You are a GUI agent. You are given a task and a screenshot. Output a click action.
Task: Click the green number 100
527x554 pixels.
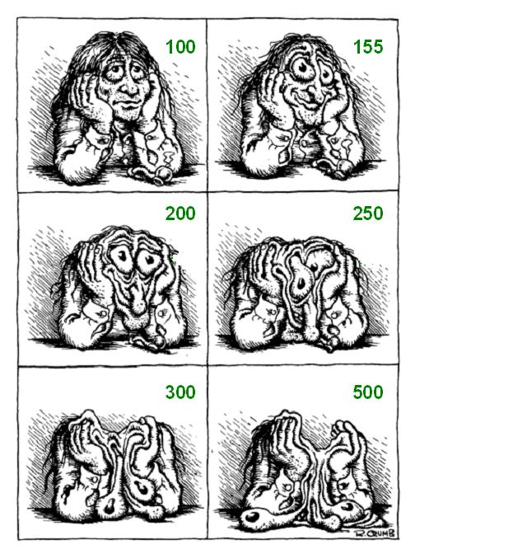[180, 47]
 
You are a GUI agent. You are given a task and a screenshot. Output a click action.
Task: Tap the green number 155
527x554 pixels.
[368, 47]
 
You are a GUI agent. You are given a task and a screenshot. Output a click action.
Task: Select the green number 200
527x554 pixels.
[180, 214]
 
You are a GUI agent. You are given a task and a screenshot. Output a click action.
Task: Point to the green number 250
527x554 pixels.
[368, 214]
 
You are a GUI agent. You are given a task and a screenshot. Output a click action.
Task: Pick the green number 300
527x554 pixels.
[180, 392]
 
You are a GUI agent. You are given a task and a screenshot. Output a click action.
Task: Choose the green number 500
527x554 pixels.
[368, 392]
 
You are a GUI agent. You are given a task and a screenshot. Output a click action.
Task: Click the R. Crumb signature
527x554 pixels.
[374, 533]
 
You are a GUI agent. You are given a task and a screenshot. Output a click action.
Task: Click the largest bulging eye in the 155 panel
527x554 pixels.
[302, 69]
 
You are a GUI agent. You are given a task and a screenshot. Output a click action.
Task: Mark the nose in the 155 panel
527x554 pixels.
[312, 91]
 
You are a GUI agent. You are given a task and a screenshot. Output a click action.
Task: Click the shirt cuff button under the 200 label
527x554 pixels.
[163, 312]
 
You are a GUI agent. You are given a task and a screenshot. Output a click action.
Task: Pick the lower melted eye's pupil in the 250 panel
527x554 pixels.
[301, 283]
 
